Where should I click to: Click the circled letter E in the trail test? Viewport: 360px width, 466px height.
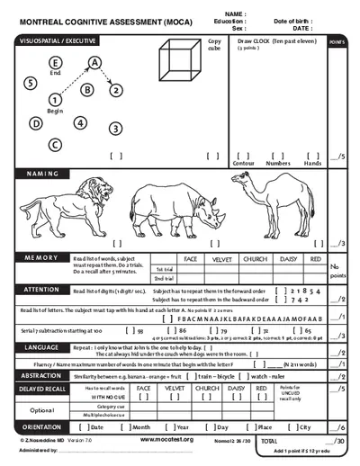click(57, 62)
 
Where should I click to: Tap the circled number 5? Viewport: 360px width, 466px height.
click(31, 83)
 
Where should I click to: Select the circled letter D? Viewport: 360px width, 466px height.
click(36, 123)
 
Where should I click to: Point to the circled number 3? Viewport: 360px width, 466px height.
click(115, 129)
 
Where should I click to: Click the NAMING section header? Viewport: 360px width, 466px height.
click(42, 174)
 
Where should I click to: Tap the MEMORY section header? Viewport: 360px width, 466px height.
click(41, 257)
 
